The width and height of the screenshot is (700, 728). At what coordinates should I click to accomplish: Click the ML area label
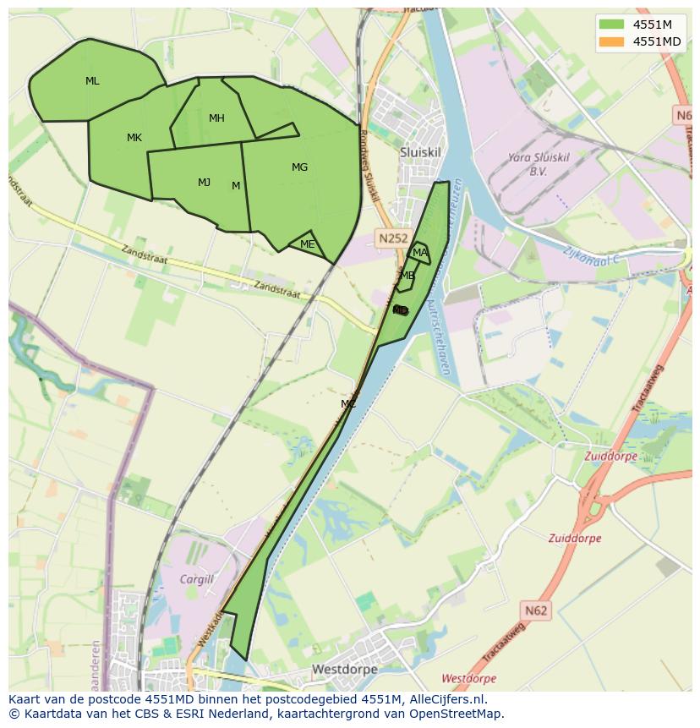pyautogui.click(x=92, y=81)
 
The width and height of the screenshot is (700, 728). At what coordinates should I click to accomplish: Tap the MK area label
pyautogui.click(x=134, y=138)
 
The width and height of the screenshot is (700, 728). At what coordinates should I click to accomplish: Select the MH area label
pyautogui.click(x=216, y=118)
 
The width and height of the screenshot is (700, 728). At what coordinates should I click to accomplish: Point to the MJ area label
pyautogui.click(x=204, y=183)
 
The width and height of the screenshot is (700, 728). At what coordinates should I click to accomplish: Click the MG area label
pyautogui.click(x=299, y=167)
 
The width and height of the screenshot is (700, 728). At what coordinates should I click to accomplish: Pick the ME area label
pyautogui.click(x=308, y=244)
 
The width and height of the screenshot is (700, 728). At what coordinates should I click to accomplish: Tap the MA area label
pyautogui.click(x=419, y=253)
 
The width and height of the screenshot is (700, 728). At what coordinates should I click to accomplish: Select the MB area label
pyautogui.click(x=407, y=276)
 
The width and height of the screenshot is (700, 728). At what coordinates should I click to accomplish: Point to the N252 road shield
pyautogui.click(x=393, y=239)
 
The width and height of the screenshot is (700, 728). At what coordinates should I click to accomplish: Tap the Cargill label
pyautogui.click(x=197, y=579)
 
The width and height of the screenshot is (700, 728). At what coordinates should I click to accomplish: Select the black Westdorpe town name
pyautogui.click(x=344, y=669)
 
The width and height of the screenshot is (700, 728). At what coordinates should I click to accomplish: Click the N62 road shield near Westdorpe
pyautogui.click(x=535, y=610)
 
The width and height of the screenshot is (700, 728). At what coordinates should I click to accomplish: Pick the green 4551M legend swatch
pyautogui.click(x=611, y=24)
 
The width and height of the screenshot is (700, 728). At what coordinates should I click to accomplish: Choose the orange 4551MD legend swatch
pyautogui.click(x=611, y=41)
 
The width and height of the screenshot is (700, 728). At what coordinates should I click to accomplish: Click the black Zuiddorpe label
pyautogui.click(x=575, y=538)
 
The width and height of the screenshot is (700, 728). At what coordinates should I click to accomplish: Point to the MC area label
pyautogui.click(x=348, y=404)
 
